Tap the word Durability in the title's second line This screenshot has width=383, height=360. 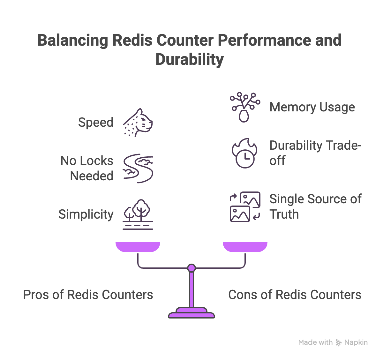click(x=190, y=60)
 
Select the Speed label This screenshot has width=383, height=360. click(x=96, y=123)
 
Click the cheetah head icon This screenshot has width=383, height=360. click(x=138, y=123)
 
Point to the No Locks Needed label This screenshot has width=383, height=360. click(x=87, y=168)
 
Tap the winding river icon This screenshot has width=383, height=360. click(x=138, y=169)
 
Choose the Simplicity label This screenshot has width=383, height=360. click(x=86, y=214)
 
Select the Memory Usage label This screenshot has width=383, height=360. click(x=312, y=107)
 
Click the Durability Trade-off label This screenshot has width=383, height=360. click(x=315, y=153)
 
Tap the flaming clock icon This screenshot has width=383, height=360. click(x=245, y=154)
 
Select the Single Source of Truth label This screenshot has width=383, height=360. click(x=315, y=206)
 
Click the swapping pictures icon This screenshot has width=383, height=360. click(x=245, y=206)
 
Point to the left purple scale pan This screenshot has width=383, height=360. click(x=138, y=247)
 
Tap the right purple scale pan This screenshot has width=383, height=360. click(x=245, y=247)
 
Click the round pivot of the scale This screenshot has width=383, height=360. click(x=191, y=268)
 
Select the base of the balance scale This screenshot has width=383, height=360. click(x=191, y=313)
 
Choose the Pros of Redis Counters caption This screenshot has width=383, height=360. click(x=88, y=295)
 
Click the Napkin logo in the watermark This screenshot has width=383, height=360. click(x=339, y=343)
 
